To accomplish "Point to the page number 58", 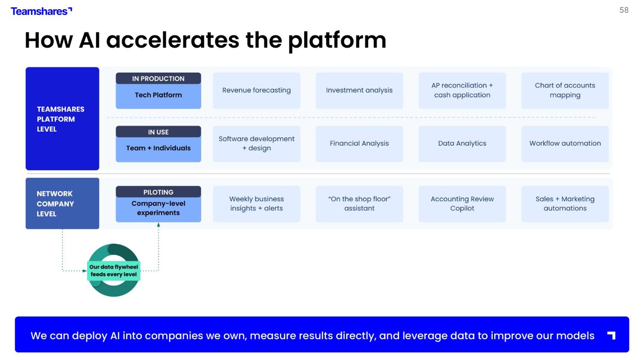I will click(x=624, y=10).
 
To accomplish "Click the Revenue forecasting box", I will click(x=256, y=91).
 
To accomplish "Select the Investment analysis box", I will click(x=359, y=91).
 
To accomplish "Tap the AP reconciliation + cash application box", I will click(x=462, y=91).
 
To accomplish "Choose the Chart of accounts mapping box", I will click(x=565, y=91).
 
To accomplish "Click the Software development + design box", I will click(x=256, y=143).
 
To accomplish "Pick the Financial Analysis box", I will click(x=359, y=143).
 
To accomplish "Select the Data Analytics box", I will click(x=462, y=143).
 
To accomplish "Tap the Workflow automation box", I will click(x=565, y=143).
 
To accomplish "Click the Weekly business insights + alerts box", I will click(x=256, y=204).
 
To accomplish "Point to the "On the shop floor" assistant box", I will click(x=359, y=204).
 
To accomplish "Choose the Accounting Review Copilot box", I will click(x=462, y=204).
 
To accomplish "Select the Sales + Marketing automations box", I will click(x=565, y=204).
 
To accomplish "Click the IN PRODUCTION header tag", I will click(x=158, y=79).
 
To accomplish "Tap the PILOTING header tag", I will click(x=158, y=192).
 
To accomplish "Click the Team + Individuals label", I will click(x=158, y=148).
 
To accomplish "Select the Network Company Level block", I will click(x=62, y=204).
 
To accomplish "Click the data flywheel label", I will click(x=114, y=271).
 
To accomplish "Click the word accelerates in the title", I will click(x=173, y=40).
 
